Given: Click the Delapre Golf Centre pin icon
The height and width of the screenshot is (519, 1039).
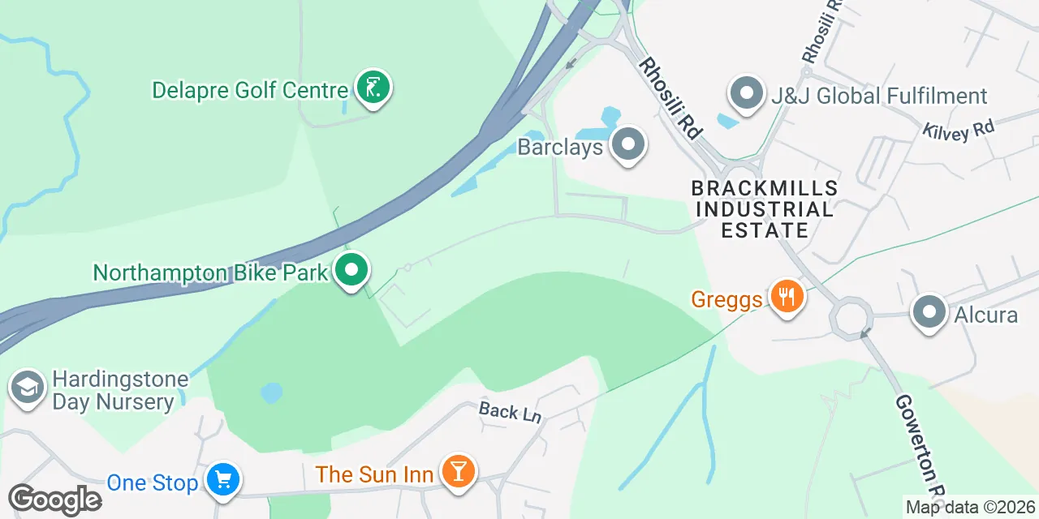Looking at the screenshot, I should coord(373,88).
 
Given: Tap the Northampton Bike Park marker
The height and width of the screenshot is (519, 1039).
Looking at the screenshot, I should coord(351,270).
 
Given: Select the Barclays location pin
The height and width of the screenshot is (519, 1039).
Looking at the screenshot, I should coord(627,146).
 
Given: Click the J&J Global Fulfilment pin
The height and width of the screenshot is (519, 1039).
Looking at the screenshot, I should coord(747,94).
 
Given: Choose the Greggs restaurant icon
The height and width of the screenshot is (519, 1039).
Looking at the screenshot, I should coord(785,298).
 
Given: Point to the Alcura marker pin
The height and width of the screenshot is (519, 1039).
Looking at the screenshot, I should coord(929,312).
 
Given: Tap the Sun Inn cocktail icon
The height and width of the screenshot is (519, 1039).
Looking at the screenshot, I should coord(458,471).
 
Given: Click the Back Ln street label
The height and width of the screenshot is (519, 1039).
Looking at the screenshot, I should coord(510,412).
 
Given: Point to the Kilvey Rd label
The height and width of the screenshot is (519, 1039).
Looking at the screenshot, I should coord(958,131).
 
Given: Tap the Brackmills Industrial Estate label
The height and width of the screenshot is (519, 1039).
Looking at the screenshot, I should coord(764,209).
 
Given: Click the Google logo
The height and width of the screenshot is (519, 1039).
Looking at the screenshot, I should coord(54,500).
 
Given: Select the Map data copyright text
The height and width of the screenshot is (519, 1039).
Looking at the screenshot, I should coord(970,508).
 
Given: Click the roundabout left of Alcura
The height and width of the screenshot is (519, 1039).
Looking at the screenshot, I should coord(850,316).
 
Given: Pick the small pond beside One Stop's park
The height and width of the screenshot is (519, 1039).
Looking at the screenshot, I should coord(271,393).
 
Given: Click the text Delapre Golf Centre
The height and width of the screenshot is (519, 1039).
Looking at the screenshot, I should coord(250,90).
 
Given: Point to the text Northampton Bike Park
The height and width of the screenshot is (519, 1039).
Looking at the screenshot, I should coord(210,272).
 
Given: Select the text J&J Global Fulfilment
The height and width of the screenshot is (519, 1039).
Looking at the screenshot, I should coord(879,97).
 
